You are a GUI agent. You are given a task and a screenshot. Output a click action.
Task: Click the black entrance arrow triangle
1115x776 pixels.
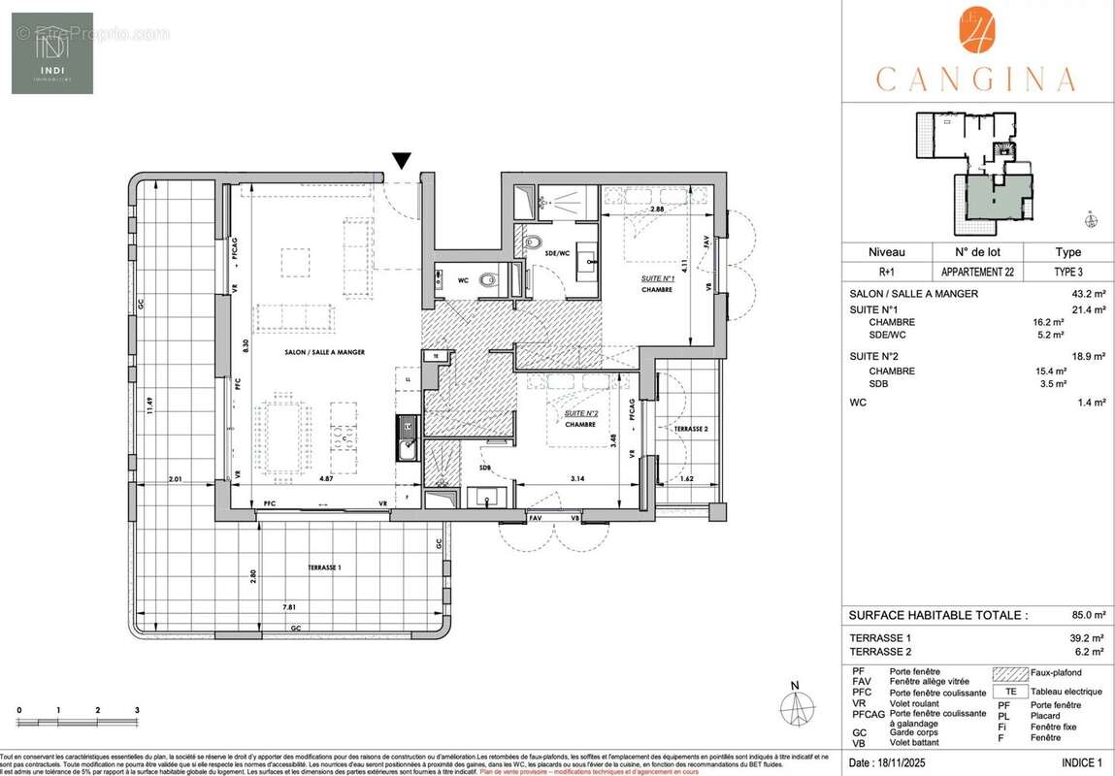point(402,162)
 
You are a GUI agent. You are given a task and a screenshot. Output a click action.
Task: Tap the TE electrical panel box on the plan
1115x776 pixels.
point(436,356)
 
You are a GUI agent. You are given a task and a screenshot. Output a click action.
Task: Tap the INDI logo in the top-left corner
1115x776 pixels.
point(52,53)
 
